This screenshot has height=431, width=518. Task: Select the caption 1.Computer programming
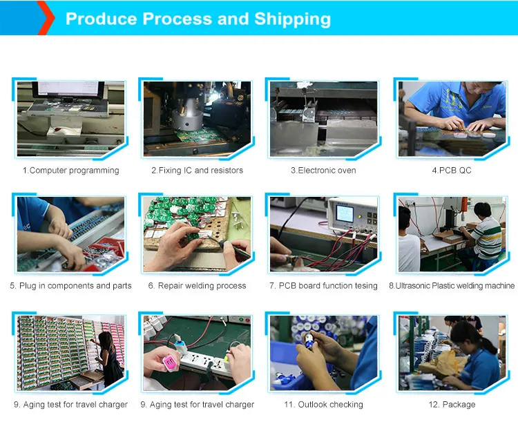click(x=70, y=170)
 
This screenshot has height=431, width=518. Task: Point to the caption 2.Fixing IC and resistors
click(x=197, y=170)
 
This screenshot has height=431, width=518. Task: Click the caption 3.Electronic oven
click(x=323, y=170)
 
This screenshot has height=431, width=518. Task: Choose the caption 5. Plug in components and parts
click(x=70, y=285)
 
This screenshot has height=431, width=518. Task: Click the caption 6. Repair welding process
click(x=197, y=285)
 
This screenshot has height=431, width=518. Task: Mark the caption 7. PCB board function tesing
click(x=323, y=285)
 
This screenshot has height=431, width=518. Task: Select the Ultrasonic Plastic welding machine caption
click(x=452, y=285)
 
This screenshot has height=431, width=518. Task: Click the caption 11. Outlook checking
click(x=323, y=404)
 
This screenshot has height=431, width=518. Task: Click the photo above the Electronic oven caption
click(x=323, y=118)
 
